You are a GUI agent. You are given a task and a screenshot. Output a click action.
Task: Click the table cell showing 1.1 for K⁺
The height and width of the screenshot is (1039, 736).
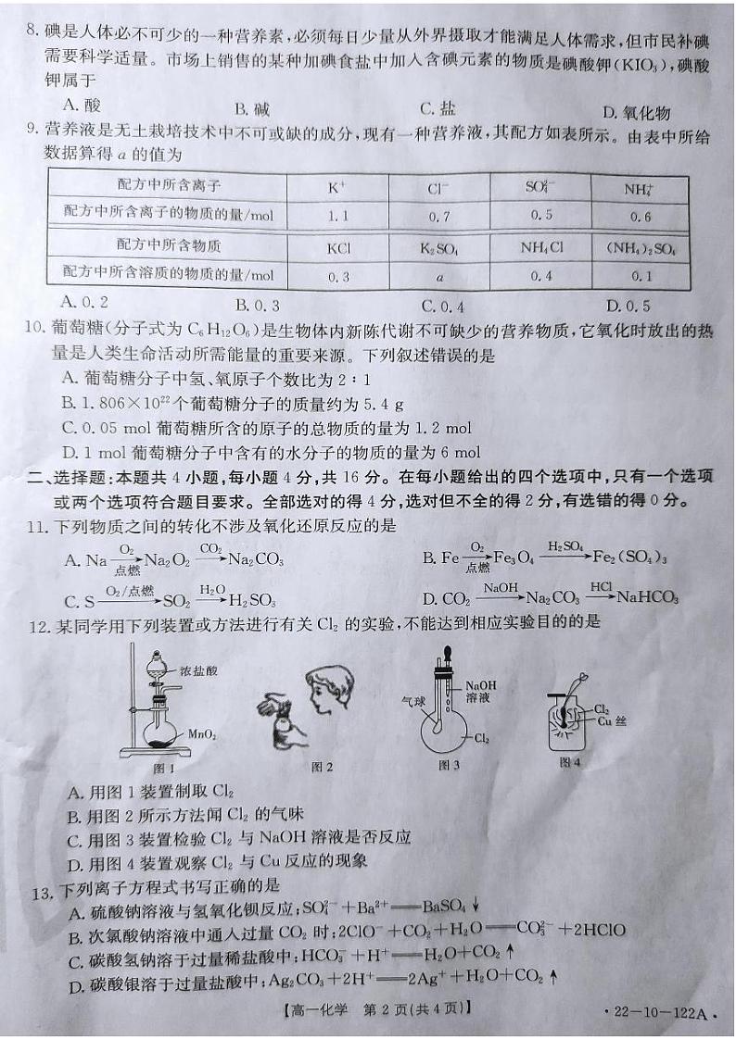tap(337, 216)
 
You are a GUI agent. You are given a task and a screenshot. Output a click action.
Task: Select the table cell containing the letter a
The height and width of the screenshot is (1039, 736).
tap(440, 276)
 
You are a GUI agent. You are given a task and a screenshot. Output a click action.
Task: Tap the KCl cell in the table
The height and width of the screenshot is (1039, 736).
tap(337, 248)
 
